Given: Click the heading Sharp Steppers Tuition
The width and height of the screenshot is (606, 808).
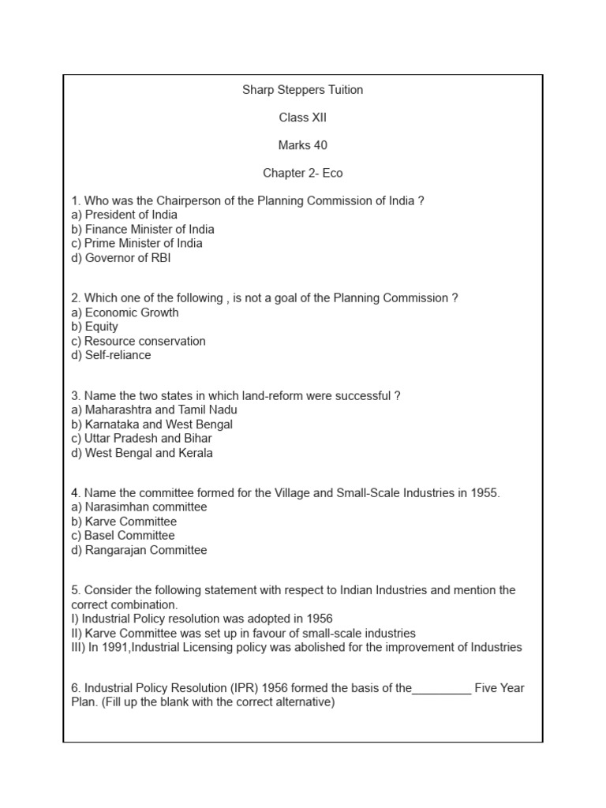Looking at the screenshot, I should pos(302,90).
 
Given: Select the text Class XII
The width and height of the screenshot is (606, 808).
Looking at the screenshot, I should pos(302,118).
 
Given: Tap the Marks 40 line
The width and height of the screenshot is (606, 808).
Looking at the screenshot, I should pos(302,145).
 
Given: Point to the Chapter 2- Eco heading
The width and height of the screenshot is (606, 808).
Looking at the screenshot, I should pos(302,173).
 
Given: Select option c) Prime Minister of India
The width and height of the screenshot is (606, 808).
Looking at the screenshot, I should pos(136,243).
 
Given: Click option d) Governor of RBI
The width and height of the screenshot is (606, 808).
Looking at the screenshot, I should pos(121,257).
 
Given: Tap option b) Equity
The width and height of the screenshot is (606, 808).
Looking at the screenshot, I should pos(95,327).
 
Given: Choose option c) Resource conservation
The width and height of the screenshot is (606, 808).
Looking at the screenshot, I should pos(138,341).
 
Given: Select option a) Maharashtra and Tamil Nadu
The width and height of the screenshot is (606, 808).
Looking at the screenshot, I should pos(154,410).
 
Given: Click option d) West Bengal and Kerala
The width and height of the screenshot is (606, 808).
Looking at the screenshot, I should pos(142,453).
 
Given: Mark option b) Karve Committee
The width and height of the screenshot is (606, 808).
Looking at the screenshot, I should pos(124,522).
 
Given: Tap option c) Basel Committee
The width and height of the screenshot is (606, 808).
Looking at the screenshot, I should pos(122,536).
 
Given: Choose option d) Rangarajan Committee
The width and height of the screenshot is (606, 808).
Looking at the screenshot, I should pos(139,550).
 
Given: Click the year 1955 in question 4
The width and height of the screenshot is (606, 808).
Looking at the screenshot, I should pos(484,493).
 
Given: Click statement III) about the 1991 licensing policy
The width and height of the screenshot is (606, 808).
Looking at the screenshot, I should pos(296,648).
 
